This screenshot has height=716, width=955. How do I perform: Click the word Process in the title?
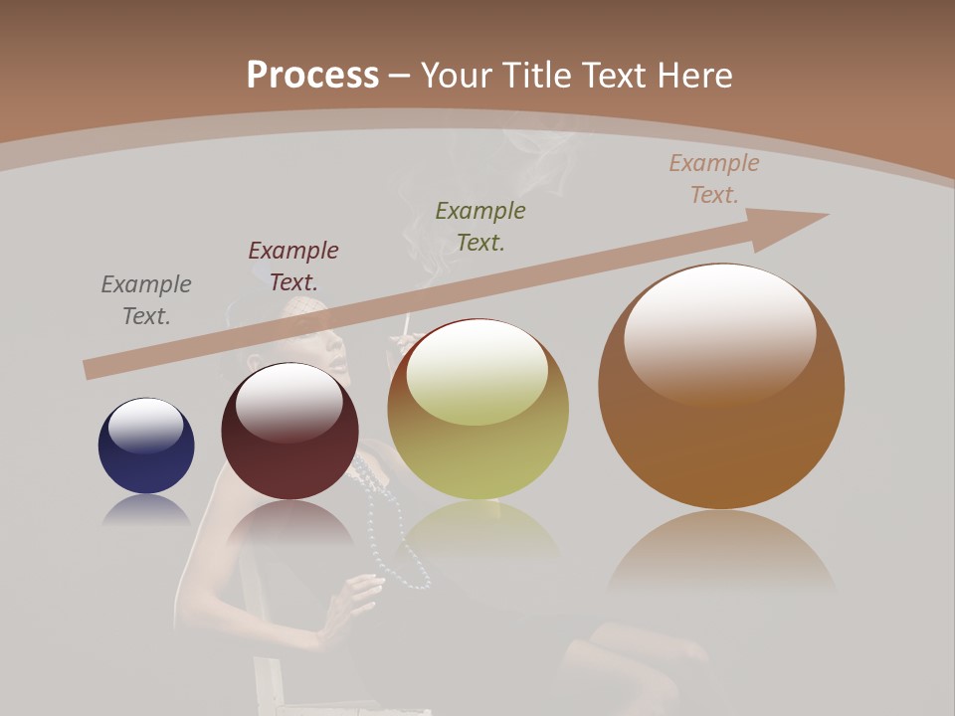click(x=312, y=75)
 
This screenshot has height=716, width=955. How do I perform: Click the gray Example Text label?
click(x=146, y=300)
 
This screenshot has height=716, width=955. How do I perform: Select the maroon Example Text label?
click(x=293, y=267)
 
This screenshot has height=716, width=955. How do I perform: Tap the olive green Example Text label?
click(x=480, y=226)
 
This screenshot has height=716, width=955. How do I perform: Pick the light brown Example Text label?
click(x=714, y=179)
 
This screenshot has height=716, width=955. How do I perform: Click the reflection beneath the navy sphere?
click(x=146, y=511)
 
